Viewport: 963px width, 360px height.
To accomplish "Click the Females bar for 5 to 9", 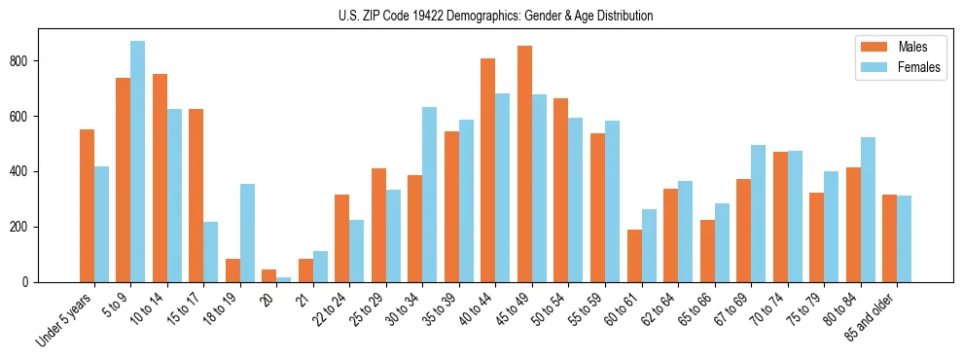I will pyautogui.click(x=138, y=162).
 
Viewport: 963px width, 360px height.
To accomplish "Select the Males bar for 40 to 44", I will pyautogui.click(x=488, y=170).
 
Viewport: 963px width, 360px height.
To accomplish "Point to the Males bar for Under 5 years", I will pyautogui.click(x=87, y=205).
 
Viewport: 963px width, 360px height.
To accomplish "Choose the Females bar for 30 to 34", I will pyautogui.click(x=430, y=195).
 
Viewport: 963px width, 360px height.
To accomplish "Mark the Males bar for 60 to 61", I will pyautogui.click(x=634, y=256).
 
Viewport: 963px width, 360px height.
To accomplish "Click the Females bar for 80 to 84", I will pyautogui.click(x=869, y=209).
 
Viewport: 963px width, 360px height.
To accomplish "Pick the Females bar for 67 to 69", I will pyautogui.click(x=759, y=213).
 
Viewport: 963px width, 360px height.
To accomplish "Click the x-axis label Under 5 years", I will pyautogui.click(x=65, y=318).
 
